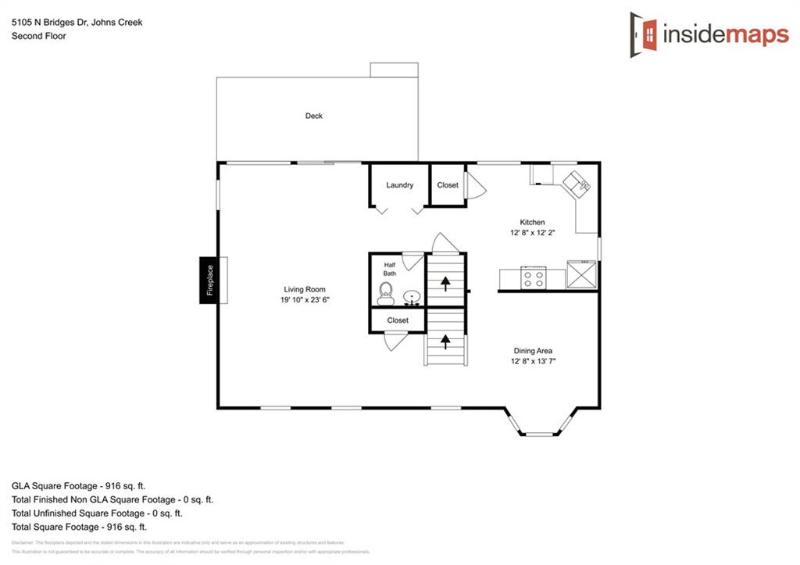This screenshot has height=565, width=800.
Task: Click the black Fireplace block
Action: coord(209,280)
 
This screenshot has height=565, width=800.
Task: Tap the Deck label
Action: coord(313,116)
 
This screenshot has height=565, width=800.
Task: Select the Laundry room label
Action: coord(399,185)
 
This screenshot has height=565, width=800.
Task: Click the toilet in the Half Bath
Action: coord(385,295)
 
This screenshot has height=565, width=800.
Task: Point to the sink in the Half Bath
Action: coord(412,297)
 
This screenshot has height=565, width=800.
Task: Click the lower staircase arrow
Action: coord(446,339)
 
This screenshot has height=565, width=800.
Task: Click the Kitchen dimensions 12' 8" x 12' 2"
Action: coord(533,233)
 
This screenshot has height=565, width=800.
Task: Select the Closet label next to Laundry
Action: coord(448,185)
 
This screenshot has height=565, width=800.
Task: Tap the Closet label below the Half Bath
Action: coord(398,320)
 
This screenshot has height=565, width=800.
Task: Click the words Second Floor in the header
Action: coord(37,36)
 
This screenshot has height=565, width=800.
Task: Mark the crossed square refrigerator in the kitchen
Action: coord(583,275)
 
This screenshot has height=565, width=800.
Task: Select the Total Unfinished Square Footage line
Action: coord(97,513)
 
